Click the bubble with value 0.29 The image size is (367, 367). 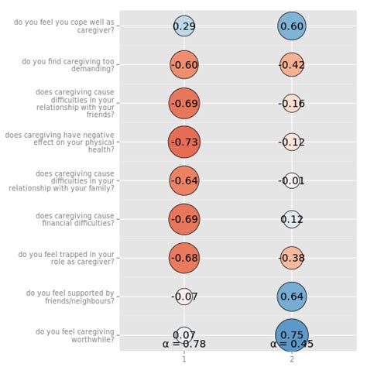tap(183, 26)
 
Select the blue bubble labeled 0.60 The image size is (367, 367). tap(292, 26)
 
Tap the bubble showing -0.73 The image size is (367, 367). tap(183, 142)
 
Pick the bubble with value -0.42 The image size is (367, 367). tap(292, 65)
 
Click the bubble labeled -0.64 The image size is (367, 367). tap(183, 180)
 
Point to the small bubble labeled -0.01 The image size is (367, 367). tap(292, 180)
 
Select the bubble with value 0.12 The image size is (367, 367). tap(292, 219)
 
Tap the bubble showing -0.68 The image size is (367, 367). tap(183, 257)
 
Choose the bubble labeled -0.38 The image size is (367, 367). tap(292, 257)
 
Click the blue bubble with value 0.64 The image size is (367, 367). tap(292, 296)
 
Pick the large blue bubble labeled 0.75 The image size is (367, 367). tap(292, 334)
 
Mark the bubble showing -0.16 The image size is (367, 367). tap(292, 104)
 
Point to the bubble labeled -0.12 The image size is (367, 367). tap(292, 142)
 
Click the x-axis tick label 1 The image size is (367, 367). tap(183, 358)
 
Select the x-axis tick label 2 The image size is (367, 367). tap(292, 358)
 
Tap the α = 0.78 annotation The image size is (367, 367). tap(183, 344)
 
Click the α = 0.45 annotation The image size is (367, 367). tap(292, 344)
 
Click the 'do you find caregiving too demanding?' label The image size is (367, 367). tap(67, 65)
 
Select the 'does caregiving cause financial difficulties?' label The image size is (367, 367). tap(73, 219)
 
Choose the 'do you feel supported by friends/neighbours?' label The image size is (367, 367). tap(70, 297)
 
